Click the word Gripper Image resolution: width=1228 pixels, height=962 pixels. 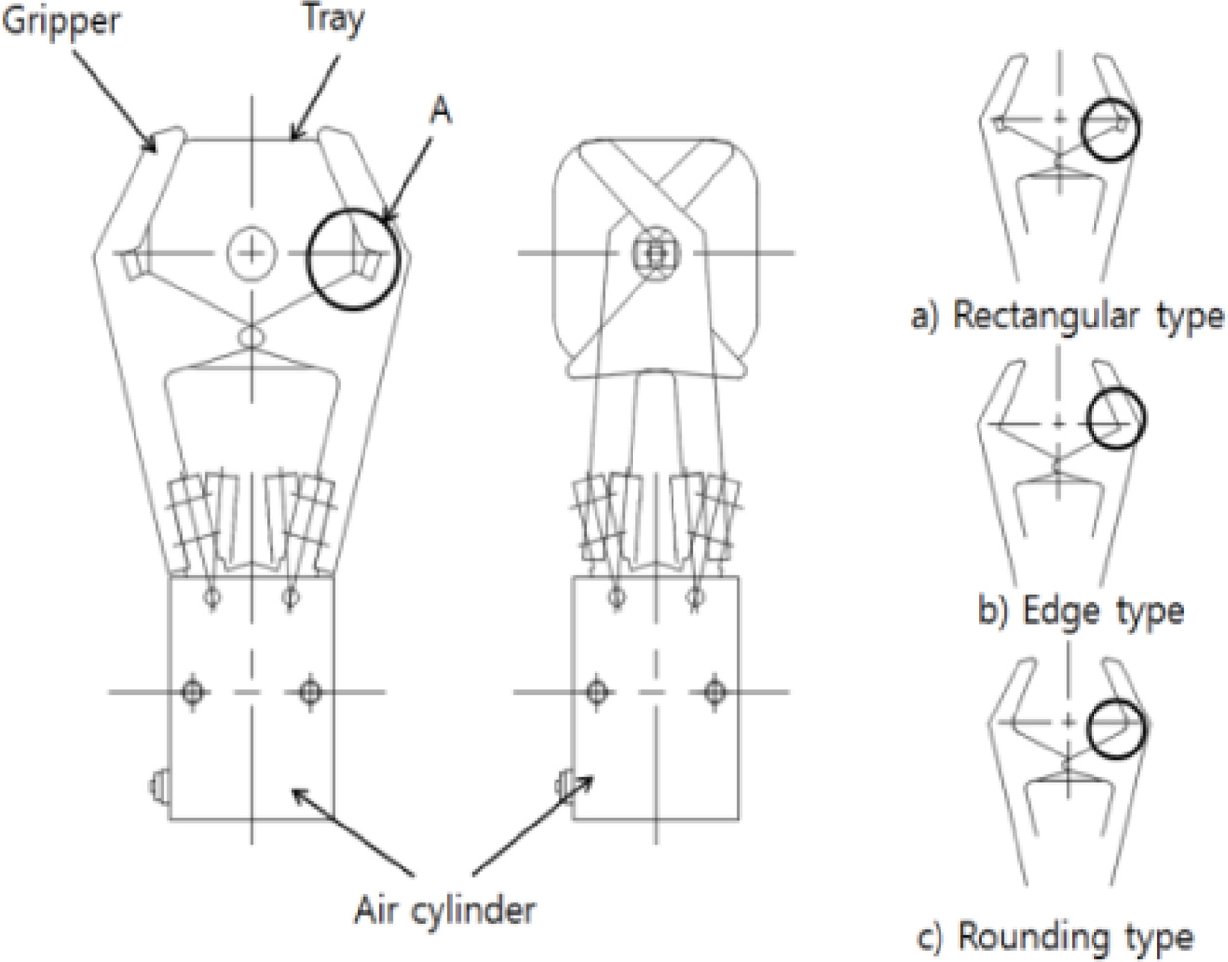tap(60, 22)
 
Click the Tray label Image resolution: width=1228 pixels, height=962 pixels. tap(334, 19)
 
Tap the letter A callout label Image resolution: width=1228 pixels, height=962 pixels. tap(441, 110)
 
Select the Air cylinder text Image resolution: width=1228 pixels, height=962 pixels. tap(444, 910)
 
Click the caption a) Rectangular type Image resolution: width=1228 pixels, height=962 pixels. tap(1068, 316)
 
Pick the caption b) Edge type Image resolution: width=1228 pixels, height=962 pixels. tap(1082, 611)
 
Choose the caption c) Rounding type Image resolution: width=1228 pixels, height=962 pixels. tap(1055, 938)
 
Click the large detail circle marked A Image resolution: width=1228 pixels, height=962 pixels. tap(353, 259)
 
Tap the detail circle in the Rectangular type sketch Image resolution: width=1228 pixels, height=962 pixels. tap(1110, 130)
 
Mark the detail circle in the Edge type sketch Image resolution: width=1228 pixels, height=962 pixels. tap(1117, 418)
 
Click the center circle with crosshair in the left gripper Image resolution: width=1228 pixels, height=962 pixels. tap(252, 253)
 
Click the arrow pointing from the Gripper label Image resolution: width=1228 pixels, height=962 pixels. tap(114, 101)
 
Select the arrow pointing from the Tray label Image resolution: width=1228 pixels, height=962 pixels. tap(316, 97)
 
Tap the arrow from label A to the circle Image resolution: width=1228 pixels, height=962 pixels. tap(406, 180)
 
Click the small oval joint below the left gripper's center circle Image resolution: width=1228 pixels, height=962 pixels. tap(251, 337)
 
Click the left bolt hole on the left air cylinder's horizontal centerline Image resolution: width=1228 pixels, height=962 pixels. tap(193, 691)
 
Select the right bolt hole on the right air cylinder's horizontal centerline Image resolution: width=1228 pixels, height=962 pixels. tap(715, 691)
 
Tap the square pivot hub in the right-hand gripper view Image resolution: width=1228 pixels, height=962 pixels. tap(656, 253)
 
